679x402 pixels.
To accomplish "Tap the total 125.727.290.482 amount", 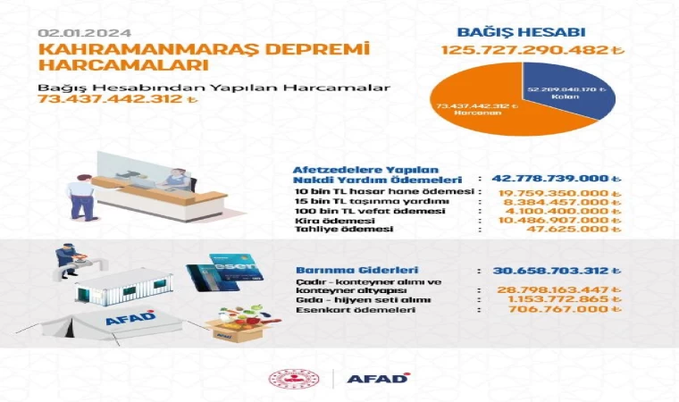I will [x=524, y=50].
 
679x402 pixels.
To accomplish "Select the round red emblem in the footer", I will [x=286, y=378].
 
